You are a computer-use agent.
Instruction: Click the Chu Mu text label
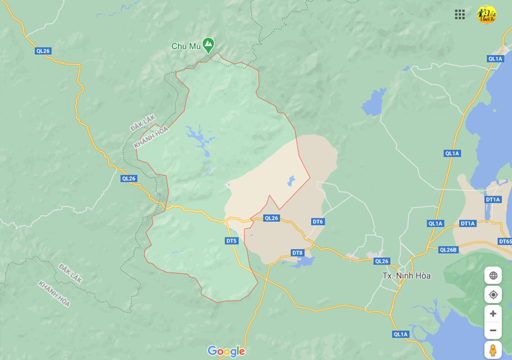[x=185, y=46]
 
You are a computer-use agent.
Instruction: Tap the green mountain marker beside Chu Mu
[x=208, y=45]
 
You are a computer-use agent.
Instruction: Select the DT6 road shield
[x=317, y=222]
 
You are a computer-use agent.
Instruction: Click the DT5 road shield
[x=231, y=241]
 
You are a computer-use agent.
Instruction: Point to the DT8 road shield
[x=297, y=253]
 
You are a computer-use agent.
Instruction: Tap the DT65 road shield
[x=504, y=241]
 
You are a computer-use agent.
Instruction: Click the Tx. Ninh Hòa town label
[x=406, y=276]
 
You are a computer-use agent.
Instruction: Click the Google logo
[x=226, y=351]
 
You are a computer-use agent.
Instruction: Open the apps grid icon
[x=460, y=15]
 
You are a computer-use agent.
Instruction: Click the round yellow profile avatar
[x=486, y=15]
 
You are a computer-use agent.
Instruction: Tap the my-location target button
[x=493, y=295]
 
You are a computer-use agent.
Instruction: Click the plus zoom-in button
[x=493, y=314]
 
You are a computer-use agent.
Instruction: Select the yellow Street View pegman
[x=493, y=351]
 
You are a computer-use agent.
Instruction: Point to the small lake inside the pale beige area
[x=291, y=181]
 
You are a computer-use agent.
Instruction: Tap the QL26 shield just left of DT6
[x=271, y=218]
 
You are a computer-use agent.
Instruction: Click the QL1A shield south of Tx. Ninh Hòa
[x=400, y=334]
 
